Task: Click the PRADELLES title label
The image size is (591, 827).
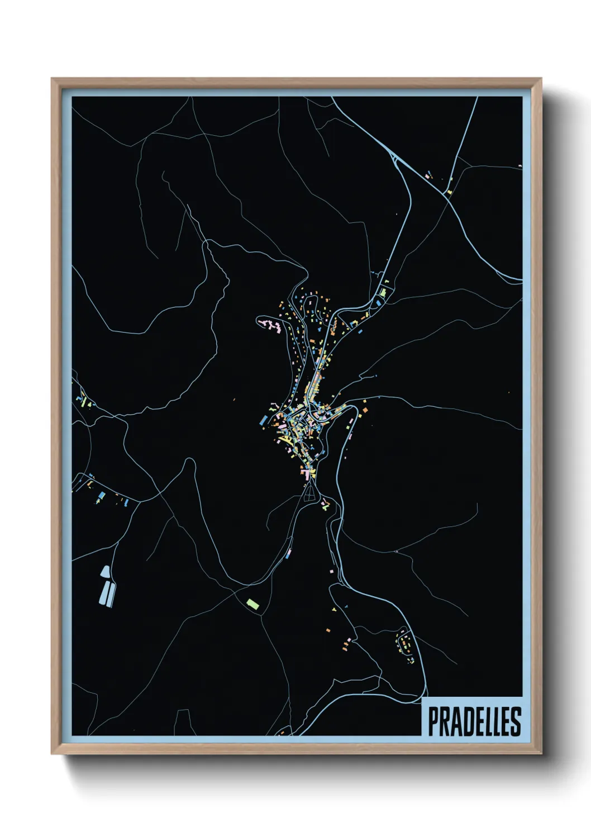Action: point(474,721)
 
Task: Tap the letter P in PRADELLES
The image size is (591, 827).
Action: point(433,721)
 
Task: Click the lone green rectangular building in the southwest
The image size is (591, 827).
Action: point(253,603)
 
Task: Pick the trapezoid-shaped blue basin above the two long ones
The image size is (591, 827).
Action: point(104,572)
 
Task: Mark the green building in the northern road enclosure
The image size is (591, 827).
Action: point(383,292)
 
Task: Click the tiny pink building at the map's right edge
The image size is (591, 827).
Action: point(521,166)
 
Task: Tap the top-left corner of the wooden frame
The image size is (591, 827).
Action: point(53,80)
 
